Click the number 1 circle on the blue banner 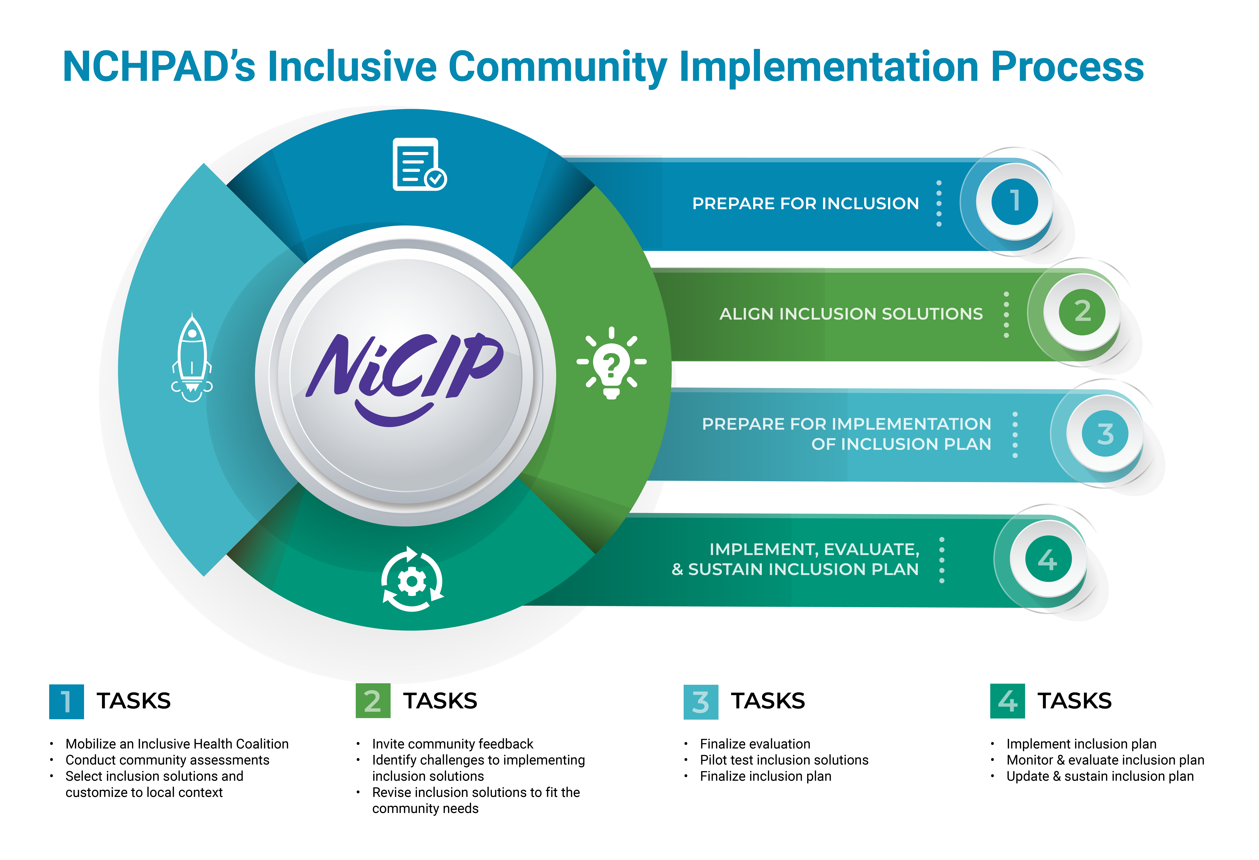pos(1014,201)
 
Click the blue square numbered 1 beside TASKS pos(66,701)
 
